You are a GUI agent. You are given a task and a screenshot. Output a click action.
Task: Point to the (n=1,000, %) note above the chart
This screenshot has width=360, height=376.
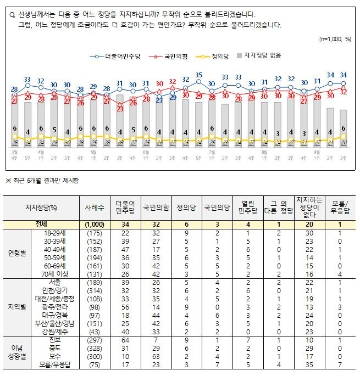pos(335,40)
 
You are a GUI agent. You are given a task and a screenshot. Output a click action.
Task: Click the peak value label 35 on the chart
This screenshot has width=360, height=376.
pos(199,75)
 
